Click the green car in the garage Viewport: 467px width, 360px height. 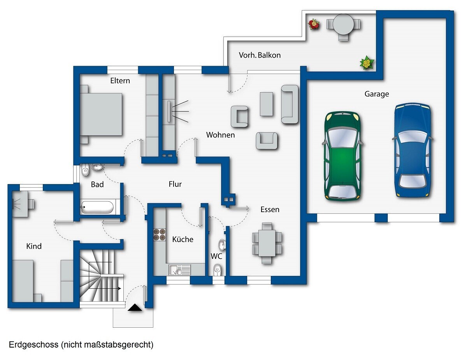pos(342,156)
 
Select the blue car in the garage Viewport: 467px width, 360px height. pos(413,150)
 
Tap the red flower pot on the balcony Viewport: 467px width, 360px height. pos(314,24)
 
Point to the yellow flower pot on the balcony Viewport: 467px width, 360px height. pos(367,63)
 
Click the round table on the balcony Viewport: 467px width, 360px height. pos(343,24)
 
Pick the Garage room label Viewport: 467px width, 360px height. pos(377,94)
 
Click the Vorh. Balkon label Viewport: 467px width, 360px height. pos(260,55)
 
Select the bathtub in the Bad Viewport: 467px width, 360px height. pos(97,207)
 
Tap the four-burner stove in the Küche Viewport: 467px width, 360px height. pos(160,234)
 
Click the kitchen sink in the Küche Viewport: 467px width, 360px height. pos(180,270)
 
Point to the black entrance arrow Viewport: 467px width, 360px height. pos(135,307)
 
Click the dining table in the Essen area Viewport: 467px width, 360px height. pos(267,243)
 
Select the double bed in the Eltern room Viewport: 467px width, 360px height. pos(101,114)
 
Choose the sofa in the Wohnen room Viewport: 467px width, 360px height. pos(290,104)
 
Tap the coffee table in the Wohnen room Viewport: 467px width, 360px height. pos(266,104)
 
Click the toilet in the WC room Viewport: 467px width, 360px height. pos(217,270)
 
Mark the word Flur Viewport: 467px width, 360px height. pos(175,184)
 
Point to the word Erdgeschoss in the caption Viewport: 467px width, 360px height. pos(33,345)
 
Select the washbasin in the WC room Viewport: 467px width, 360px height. pos(222,244)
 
